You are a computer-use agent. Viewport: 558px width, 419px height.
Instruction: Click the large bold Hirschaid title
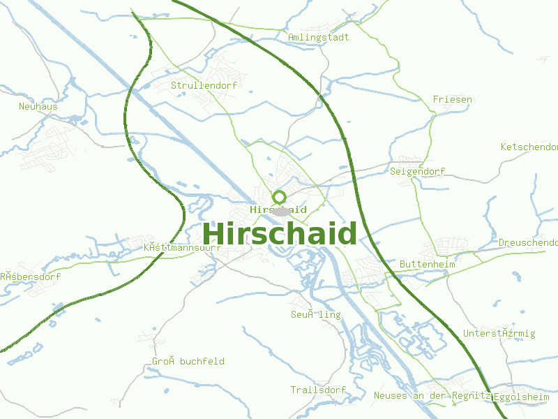pyautogui.click(x=280, y=234)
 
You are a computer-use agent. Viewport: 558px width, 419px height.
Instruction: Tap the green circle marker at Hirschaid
pyautogui.click(x=280, y=197)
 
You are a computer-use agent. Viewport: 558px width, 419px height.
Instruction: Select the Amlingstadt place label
pyautogui.click(x=318, y=37)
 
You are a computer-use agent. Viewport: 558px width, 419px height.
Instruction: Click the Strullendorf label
pyautogui.click(x=204, y=85)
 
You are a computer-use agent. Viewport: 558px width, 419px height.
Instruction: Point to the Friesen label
pyautogui.click(x=452, y=99)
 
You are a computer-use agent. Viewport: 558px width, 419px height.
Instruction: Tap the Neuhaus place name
pyautogui.click(x=38, y=106)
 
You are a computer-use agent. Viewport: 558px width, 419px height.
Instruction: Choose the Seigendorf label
pyautogui.click(x=418, y=171)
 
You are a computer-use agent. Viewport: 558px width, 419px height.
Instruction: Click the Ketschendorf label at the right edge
pyautogui.click(x=529, y=147)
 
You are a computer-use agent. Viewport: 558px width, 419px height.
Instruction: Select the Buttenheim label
pyautogui.click(x=427, y=265)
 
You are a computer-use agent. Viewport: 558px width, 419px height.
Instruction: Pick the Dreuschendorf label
pyautogui.click(x=528, y=242)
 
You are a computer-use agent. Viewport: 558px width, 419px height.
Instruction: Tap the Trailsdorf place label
pyautogui.click(x=318, y=390)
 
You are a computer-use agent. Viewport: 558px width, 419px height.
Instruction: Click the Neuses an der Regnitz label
pyautogui.click(x=432, y=395)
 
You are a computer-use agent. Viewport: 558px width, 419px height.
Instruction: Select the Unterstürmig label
pyautogui.click(x=499, y=333)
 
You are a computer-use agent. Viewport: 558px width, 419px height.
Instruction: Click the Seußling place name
pyautogui.click(x=316, y=314)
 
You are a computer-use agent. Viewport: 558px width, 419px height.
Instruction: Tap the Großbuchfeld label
pyautogui.click(x=188, y=361)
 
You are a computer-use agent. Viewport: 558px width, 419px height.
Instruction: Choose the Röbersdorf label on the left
pyautogui.click(x=30, y=277)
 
